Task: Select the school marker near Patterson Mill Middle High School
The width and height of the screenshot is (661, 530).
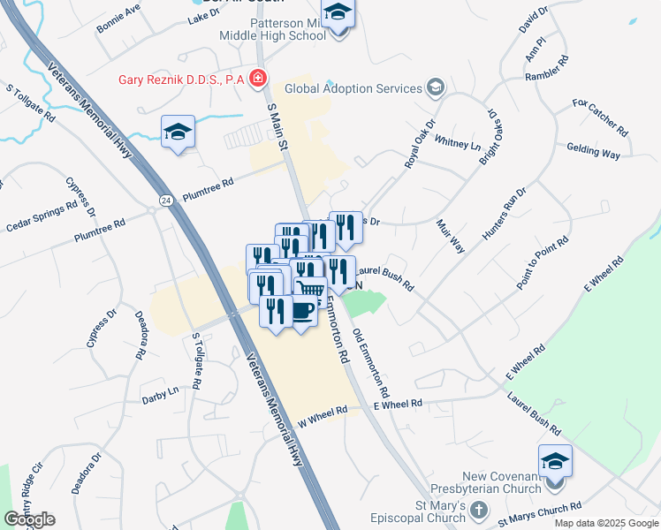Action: click(337, 14)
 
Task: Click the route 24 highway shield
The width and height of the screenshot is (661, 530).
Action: click(165, 201)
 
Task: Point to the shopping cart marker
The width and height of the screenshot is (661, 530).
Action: click(311, 290)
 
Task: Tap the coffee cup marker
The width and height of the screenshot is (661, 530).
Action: click(302, 311)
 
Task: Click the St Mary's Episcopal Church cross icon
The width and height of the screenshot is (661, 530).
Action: click(478, 511)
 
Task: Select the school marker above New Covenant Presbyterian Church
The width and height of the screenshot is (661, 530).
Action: click(554, 462)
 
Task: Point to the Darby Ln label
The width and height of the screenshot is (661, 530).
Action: click(160, 395)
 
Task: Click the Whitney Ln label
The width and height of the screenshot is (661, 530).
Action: click(457, 142)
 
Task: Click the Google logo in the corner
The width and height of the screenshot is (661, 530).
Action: click(29, 519)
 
